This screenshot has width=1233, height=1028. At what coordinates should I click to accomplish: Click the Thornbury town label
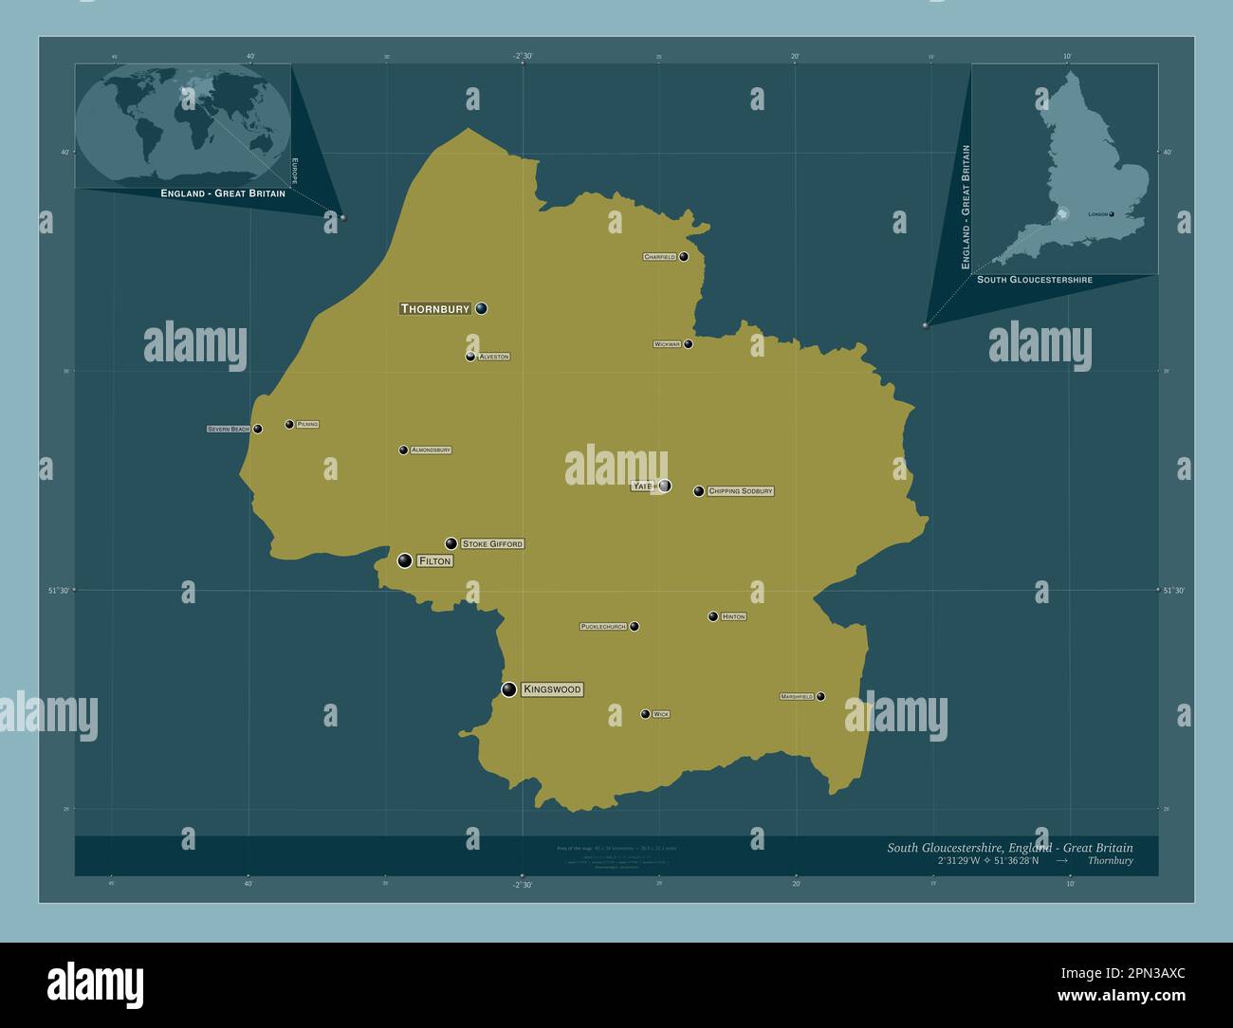(435, 308)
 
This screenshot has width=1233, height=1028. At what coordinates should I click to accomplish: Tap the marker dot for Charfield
(684, 256)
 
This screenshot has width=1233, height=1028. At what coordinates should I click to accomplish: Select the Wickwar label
(667, 344)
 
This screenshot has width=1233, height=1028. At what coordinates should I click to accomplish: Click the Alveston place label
(494, 357)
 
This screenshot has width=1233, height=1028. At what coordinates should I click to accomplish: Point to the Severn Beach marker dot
(257, 429)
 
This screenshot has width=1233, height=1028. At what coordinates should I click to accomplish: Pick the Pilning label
(307, 424)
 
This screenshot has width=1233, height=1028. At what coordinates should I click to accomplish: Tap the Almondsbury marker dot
(403, 450)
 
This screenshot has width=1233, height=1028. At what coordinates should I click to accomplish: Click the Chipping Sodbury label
(741, 491)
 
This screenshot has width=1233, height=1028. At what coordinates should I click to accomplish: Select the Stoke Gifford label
(492, 544)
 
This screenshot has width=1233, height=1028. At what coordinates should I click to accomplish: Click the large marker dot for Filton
(405, 560)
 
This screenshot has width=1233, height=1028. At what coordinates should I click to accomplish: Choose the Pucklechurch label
(603, 627)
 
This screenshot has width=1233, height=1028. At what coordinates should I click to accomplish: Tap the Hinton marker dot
(713, 616)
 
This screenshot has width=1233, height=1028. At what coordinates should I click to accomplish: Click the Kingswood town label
(552, 689)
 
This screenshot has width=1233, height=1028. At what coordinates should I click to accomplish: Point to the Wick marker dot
(645, 714)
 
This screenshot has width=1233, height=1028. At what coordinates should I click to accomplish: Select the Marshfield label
(797, 696)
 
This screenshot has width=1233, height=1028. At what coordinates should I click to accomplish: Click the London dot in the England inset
(1112, 214)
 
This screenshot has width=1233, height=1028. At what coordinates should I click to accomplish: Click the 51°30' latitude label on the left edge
(59, 590)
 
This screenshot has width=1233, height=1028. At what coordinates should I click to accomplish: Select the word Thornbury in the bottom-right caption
(1110, 861)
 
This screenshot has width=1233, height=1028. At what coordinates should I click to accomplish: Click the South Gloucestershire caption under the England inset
(1034, 280)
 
